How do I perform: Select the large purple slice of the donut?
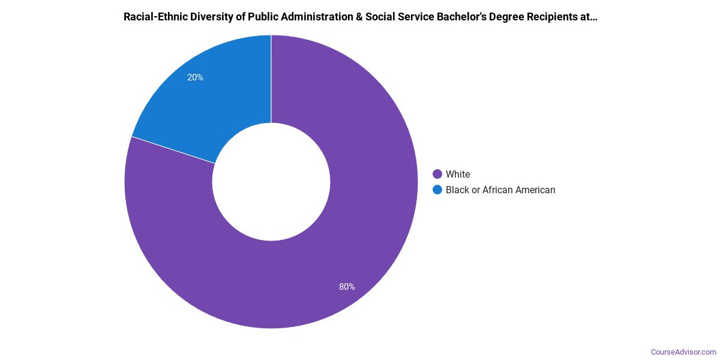pos(336,252)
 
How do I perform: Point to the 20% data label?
pos(195,77)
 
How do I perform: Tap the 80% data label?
pos(347,287)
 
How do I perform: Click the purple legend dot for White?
pos(437,175)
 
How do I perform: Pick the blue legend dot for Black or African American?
pos(437,190)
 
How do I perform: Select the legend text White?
pos(458,175)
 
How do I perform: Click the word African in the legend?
pos(499,190)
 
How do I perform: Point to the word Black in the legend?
pos(457,190)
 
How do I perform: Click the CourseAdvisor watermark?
pos(683,352)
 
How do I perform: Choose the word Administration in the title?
pos(316,17)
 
